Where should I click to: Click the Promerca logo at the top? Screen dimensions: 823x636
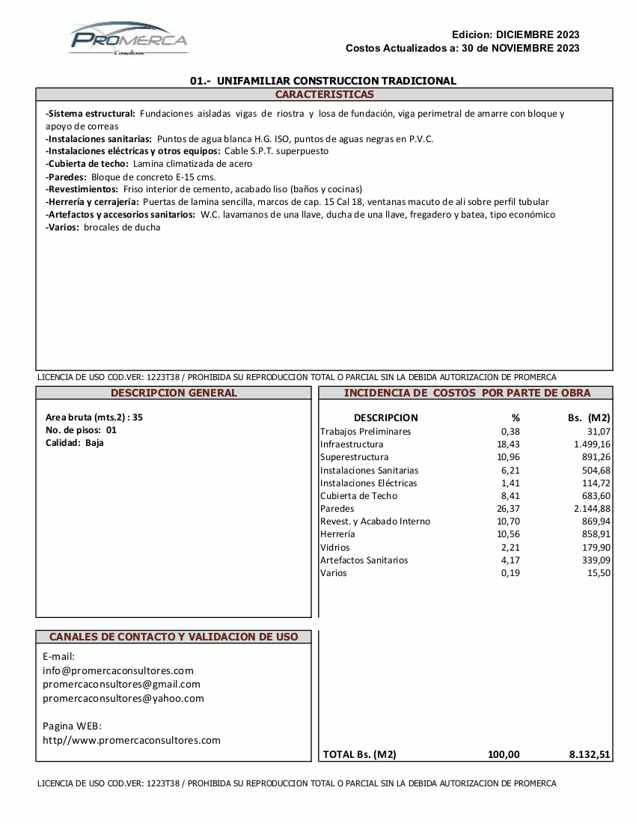[x=129, y=39]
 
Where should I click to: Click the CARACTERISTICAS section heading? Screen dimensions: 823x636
[x=324, y=94]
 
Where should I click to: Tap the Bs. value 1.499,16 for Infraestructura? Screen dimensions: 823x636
[x=587, y=444]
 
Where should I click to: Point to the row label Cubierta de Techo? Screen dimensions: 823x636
[x=358, y=496]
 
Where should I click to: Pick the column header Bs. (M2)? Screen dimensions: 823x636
[x=589, y=417]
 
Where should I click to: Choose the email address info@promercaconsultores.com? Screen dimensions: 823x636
[x=118, y=670]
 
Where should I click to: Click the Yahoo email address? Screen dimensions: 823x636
[x=123, y=698]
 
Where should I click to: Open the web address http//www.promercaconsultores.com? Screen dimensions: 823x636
[x=132, y=740]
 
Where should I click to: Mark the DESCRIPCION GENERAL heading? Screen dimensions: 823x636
[x=174, y=393]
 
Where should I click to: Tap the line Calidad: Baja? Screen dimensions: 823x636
[x=75, y=443]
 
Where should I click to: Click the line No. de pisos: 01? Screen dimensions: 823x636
[x=81, y=430]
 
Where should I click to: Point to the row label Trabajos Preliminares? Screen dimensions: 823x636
[x=365, y=432]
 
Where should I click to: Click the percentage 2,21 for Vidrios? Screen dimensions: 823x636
[x=510, y=548]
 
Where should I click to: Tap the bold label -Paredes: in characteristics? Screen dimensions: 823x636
[x=67, y=177]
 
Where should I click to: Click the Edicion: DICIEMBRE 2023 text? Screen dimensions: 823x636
[x=516, y=34]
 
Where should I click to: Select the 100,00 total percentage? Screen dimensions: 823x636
[x=504, y=754]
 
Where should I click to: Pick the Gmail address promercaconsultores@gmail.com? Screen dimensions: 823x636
[x=121, y=684]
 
